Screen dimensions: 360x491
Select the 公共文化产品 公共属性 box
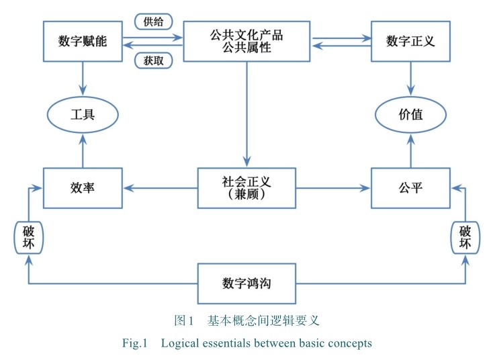(x=247, y=42)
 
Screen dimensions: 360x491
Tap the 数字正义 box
(x=410, y=41)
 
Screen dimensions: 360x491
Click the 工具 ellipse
(x=83, y=115)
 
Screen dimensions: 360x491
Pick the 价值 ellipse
(x=410, y=115)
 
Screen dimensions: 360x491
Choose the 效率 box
(x=83, y=188)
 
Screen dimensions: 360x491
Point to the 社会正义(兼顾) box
(x=247, y=188)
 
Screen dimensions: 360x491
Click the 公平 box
(x=410, y=188)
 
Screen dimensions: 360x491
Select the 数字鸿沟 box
(x=247, y=283)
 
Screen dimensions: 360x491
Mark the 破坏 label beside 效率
(x=28, y=237)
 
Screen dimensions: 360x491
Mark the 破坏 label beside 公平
(x=465, y=237)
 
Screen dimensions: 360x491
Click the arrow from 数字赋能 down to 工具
(x=83, y=77)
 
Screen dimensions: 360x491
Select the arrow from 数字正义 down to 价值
(x=410, y=77)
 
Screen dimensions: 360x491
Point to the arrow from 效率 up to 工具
(x=83, y=151)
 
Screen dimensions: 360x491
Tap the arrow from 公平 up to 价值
(x=410, y=151)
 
